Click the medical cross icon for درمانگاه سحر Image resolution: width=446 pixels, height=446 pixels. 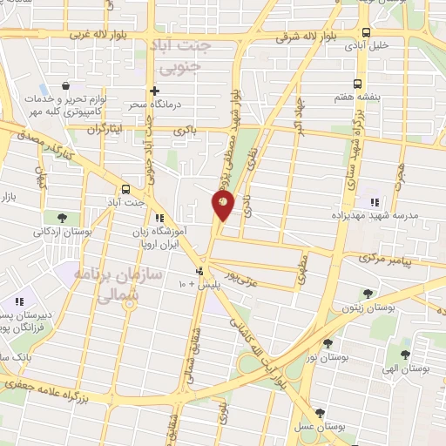[155, 91]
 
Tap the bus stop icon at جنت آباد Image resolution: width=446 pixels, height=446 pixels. [126, 188]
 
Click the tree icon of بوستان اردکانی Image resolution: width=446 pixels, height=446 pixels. [61, 218]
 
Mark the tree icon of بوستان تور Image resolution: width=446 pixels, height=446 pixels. [328, 343]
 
